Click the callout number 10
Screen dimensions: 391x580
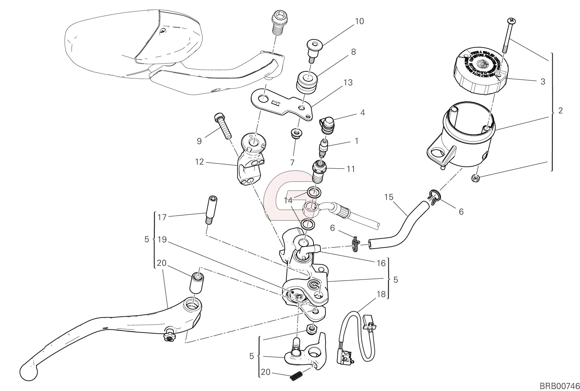pyautogui.click(x=359, y=21)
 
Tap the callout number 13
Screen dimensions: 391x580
pyautogui.click(x=348, y=83)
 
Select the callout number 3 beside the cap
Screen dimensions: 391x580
pyautogui.click(x=543, y=82)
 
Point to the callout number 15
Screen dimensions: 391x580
pyautogui.click(x=389, y=197)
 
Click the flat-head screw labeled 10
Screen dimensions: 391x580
pyautogui.click(x=314, y=51)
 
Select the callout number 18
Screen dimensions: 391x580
pyautogui.click(x=381, y=294)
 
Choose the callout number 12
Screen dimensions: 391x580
pyautogui.click(x=199, y=162)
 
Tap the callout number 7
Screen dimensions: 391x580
pyautogui.click(x=292, y=163)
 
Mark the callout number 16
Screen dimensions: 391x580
pyautogui.click(x=381, y=263)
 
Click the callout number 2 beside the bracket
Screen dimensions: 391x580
pyautogui.click(x=560, y=110)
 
